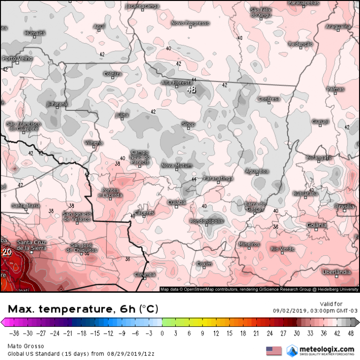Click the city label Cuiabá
176,203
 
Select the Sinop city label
188,124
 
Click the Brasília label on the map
344,206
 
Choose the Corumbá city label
145,275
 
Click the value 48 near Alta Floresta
192,89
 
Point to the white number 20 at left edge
7,251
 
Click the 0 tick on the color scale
162,332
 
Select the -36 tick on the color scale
15,332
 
